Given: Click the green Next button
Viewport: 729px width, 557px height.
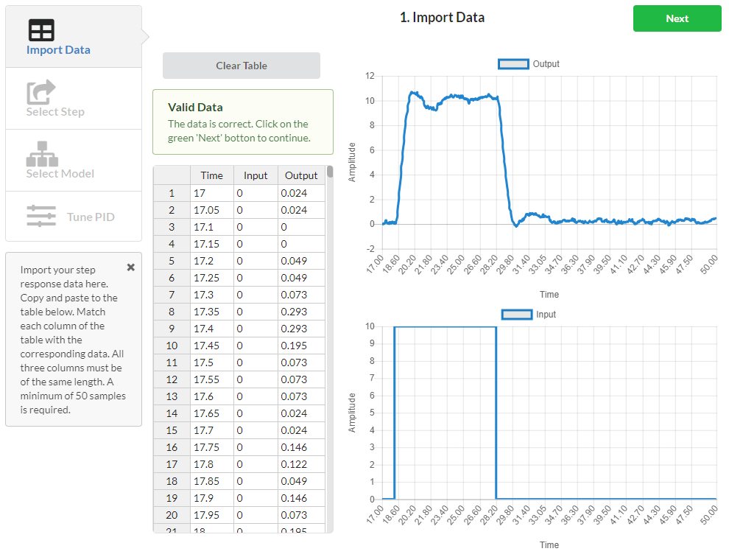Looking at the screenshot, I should [677, 18].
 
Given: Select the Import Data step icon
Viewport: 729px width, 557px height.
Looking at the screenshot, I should [41, 30].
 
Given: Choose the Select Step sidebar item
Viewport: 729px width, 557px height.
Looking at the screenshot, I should [55, 99].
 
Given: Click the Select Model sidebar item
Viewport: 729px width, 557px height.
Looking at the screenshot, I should [60, 161].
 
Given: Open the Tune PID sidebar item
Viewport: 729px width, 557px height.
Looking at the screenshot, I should [73, 217].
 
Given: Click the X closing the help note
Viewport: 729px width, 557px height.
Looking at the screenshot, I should [131, 267].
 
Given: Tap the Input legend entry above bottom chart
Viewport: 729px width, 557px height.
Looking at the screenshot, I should [528, 315].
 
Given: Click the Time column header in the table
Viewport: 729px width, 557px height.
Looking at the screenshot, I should [211, 175].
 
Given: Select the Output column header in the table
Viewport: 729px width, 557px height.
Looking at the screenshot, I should [300, 175].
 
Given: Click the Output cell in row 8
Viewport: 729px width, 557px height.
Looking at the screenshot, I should [300, 312].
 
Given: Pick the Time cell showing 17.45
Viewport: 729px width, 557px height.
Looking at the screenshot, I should [211, 346].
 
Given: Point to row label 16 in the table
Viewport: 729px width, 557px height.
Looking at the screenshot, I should [172, 447].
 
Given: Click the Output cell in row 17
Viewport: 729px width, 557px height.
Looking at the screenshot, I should [300, 464].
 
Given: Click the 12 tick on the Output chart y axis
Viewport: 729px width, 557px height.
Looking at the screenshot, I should [370, 76].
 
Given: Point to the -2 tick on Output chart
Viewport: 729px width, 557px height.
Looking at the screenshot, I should [370, 248].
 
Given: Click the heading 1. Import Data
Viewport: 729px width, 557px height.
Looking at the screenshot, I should [442, 18].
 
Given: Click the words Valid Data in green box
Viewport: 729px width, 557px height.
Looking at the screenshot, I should [195, 108].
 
